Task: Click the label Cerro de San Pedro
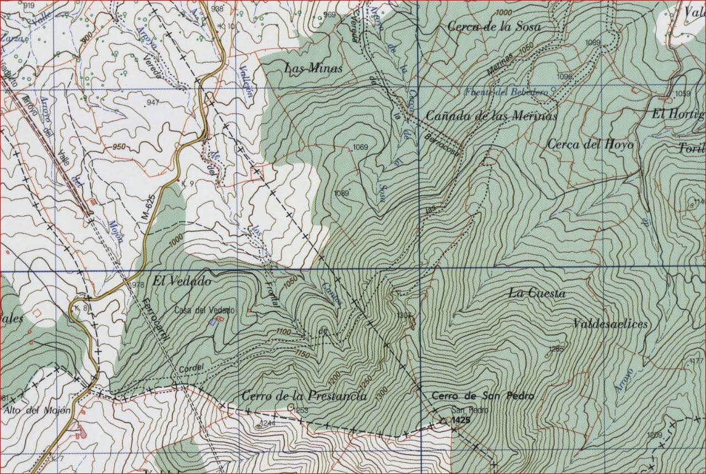pyautogui.click(x=482, y=396)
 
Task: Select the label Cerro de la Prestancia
pyautogui.click(x=304, y=396)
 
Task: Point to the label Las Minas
pyautogui.click(x=313, y=69)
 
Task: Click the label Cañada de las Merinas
pyautogui.click(x=491, y=116)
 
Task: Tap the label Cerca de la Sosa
pyautogui.click(x=494, y=26)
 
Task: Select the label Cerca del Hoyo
pyautogui.click(x=590, y=145)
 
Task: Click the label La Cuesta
pyautogui.click(x=536, y=294)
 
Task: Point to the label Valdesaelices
pyautogui.click(x=610, y=324)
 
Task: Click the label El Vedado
pyautogui.click(x=174, y=281)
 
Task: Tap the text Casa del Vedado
pyautogui.click(x=204, y=311)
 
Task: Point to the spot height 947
pyautogui.click(x=153, y=103)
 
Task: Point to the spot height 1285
pyautogui.click(x=557, y=348)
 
